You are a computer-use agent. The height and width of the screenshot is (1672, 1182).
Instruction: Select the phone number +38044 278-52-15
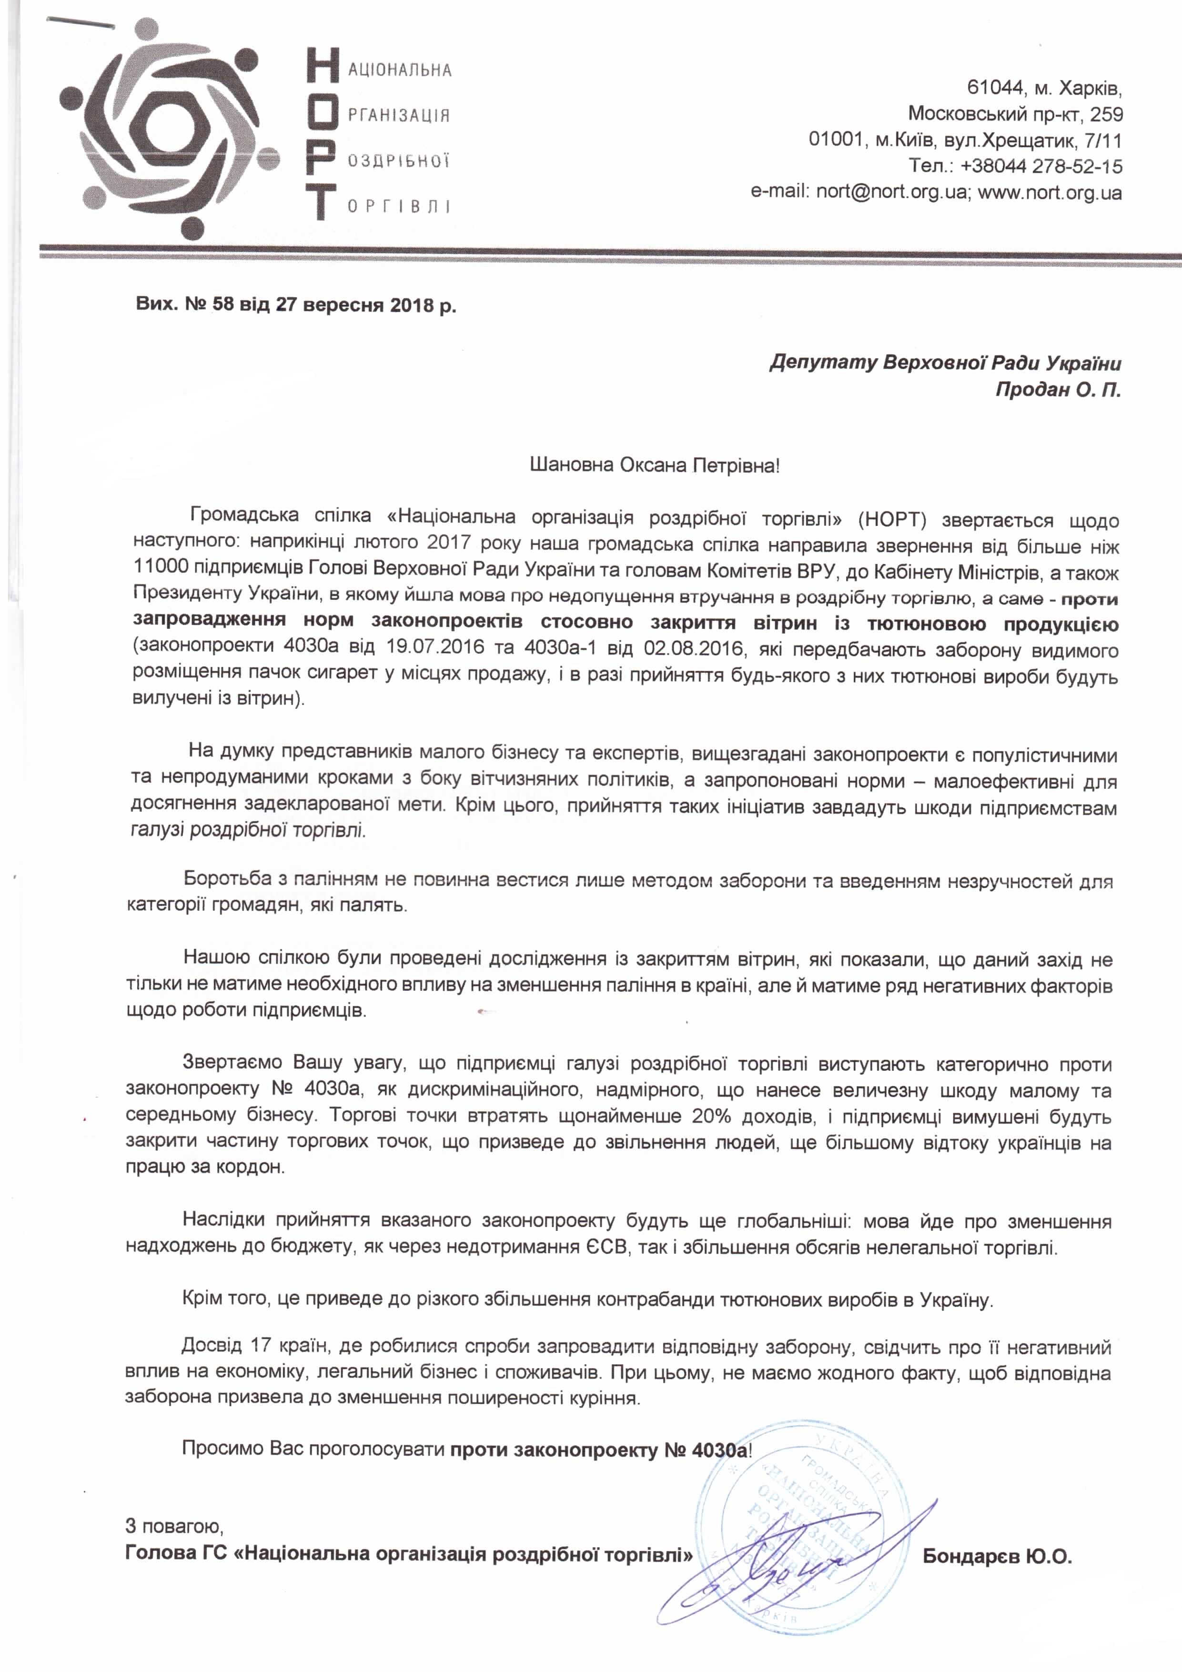pos(1041,166)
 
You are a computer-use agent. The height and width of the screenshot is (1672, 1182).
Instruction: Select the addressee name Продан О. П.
pos(1058,390)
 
